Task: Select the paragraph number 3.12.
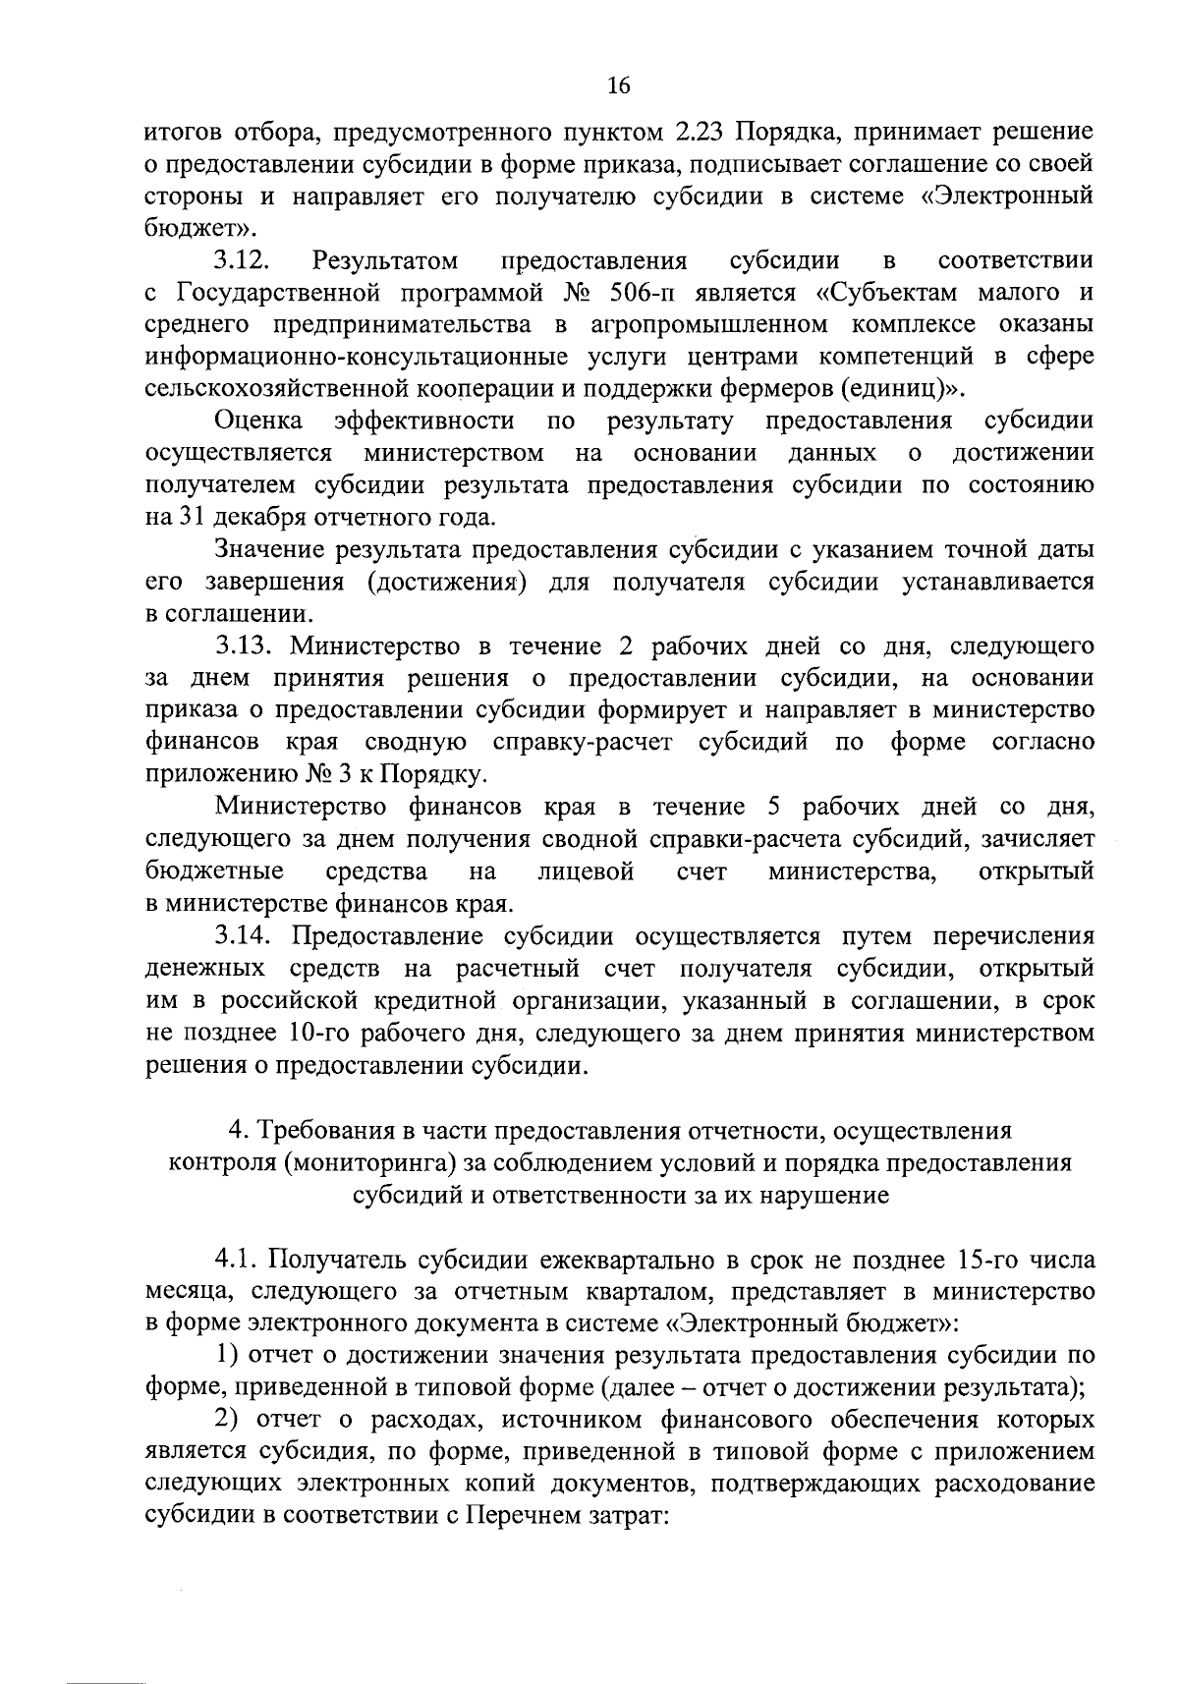242,260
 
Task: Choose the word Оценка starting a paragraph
258,421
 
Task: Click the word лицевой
587,871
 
